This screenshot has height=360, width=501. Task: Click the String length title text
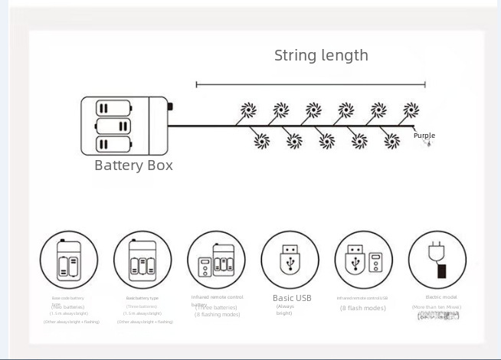[x=321, y=55]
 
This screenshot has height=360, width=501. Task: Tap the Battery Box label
[x=133, y=165]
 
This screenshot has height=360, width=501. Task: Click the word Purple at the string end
[x=424, y=136]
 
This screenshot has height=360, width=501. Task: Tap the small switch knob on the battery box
[x=170, y=108]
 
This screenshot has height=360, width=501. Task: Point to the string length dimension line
[x=310, y=84]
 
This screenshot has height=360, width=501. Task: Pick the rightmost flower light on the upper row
[x=411, y=110]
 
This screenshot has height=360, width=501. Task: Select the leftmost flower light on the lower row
[x=261, y=141]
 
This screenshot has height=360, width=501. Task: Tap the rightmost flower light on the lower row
[x=391, y=141]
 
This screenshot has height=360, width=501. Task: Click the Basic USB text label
[x=292, y=298]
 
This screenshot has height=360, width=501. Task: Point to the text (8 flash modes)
[x=363, y=308]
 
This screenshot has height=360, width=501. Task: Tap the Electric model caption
[x=437, y=296]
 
